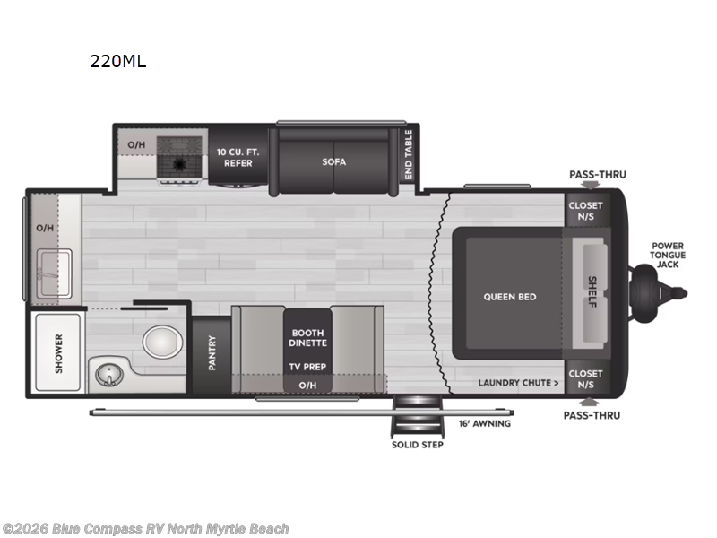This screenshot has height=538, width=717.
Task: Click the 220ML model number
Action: pos(118,61)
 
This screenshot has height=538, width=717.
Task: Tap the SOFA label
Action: pos(333,161)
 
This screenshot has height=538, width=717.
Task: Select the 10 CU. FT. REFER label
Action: pos(238,158)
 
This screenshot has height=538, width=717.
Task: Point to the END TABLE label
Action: pos(409,154)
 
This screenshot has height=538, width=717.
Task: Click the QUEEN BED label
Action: pos(510,297)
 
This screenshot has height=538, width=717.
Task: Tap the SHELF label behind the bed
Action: pos(592,292)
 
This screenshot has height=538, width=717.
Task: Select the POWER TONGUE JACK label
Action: pos(668,255)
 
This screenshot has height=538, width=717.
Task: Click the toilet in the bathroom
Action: pos(162,342)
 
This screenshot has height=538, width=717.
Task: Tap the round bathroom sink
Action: pos(109,374)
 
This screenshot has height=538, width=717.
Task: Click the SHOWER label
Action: pos(58,353)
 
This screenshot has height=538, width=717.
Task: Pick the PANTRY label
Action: pos(212,352)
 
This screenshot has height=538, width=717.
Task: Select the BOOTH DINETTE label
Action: pos(307,338)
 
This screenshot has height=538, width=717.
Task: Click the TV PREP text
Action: pos(307,367)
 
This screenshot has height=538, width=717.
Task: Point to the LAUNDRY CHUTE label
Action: pos(519,383)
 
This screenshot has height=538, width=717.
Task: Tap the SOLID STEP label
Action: pos(418,445)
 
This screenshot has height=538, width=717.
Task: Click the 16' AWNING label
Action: pos(485,423)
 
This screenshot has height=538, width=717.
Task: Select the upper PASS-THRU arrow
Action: pos(591,185)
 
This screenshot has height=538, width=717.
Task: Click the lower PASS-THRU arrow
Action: pos(589,402)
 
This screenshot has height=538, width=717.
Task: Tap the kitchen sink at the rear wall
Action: pos(54,273)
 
